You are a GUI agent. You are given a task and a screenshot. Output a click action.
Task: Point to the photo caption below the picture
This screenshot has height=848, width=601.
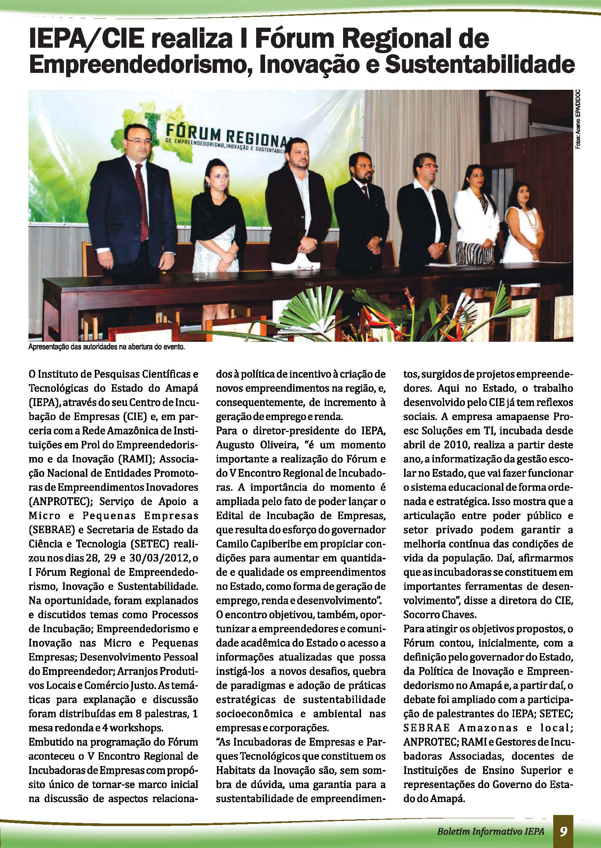(x=106, y=347)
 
